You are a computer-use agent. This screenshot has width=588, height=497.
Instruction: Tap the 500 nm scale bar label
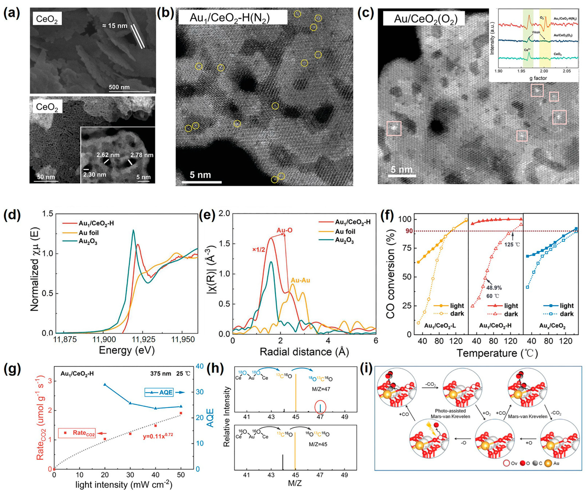pyautogui.click(x=119, y=87)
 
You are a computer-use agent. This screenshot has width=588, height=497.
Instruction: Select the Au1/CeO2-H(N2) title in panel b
pyautogui.click(x=230, y=18)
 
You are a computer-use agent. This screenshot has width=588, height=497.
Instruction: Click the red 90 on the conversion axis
pyautogui.click(x=409, y=231)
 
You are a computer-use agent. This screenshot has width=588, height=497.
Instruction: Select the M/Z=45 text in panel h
pyautogui.click(x=318, y=444)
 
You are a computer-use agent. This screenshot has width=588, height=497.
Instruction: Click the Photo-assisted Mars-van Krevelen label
pyautogui.click(x=450, y=414)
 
